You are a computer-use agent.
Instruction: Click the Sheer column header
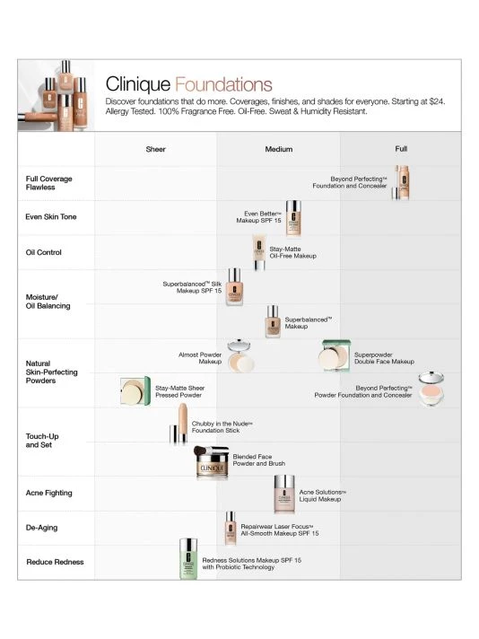point(155,149)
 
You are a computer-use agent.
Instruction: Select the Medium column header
point(279,149)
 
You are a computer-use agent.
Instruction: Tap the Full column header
point(401,149)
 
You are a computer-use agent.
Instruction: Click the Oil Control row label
point(44,252)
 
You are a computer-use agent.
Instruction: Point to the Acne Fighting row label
point(48,493)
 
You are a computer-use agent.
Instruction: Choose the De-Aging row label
point(41,528)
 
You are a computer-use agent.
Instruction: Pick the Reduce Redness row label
point(55,562)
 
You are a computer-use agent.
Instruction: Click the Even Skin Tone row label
point(51,217)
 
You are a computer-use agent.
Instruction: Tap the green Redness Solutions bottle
point(188,558)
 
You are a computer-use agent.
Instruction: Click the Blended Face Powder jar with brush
point(211,462)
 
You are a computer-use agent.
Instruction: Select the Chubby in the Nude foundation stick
point(179,424)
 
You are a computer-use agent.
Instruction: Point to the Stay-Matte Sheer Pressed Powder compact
point(135,391)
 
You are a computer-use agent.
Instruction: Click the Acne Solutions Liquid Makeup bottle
point(283,494)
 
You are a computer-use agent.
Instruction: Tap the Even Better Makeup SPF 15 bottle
point(293,218)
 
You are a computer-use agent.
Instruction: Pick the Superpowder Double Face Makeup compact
point(335,355)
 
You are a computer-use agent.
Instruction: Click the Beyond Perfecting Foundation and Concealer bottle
point(402,182)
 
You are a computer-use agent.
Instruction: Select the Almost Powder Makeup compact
point(239,355)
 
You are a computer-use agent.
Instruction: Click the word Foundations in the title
point(223,84)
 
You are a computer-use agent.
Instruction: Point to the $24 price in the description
point(436,101)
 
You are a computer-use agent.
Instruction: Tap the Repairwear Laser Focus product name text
point(276,527)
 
